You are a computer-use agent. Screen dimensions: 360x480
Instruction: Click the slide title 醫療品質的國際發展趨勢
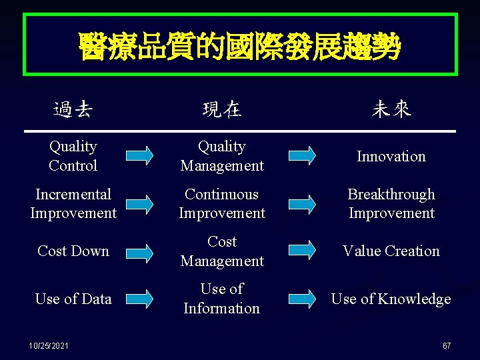click(239, 46)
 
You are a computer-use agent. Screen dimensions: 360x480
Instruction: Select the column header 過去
click(73, 109)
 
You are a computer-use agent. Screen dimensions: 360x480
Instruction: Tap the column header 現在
click(222, 109)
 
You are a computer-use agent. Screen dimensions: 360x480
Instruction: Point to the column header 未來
click(391, 109)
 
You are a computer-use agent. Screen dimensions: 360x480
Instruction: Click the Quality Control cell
click(73, 156)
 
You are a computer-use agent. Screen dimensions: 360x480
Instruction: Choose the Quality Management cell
click(222, 156)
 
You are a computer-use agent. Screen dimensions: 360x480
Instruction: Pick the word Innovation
click(391, 157)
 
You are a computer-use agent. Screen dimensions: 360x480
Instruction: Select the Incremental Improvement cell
click(73, 204)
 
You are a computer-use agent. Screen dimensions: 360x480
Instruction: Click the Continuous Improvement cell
click(222, 204)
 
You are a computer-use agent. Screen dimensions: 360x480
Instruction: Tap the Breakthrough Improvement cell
click(391, 204)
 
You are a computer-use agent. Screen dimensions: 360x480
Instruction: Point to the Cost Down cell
click(73, 251)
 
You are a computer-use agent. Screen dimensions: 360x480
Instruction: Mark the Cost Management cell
click(222, 251)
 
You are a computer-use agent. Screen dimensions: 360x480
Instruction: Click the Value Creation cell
click(391, 251)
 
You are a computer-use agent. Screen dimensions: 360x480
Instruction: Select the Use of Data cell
click(73, 299)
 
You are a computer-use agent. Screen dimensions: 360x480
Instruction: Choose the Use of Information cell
click(222, 299)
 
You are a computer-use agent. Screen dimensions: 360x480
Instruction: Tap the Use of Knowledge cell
click(391, 299)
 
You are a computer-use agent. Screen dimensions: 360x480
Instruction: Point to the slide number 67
click(447, 346)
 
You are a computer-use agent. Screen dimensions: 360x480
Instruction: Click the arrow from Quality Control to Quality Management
click(140, 156)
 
